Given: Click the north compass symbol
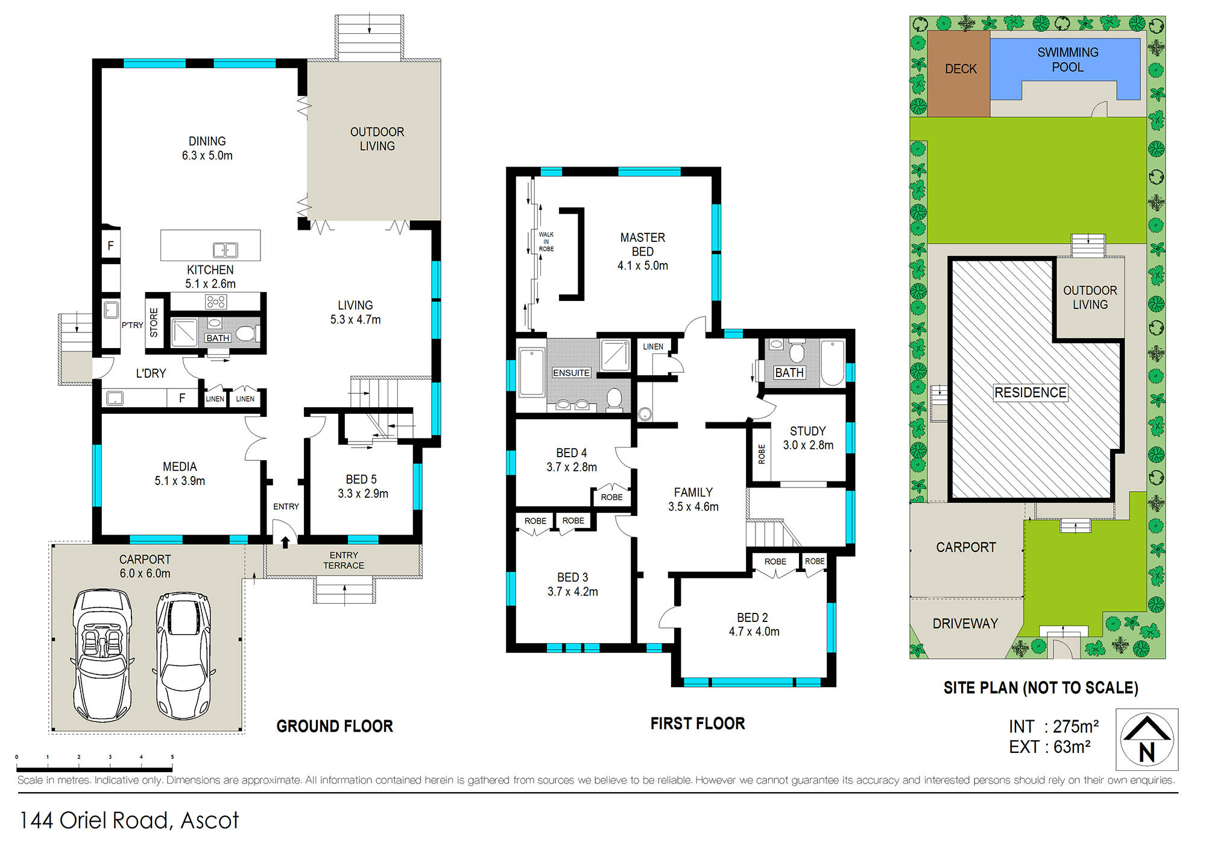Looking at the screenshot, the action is coord(1147,740).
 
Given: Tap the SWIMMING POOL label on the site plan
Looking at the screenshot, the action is coord(1068,60).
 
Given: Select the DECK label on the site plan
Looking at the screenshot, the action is coord(961,69).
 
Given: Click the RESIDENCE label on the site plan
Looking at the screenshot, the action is coord(1031,393).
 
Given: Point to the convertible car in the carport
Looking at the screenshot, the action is coord(103,655).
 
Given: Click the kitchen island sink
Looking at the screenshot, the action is coord(226,250).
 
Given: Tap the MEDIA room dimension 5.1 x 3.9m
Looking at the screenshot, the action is coord(180,481).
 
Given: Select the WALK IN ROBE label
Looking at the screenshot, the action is coord(546,241).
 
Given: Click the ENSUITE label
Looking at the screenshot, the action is coord(571,373).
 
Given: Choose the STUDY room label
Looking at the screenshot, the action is coord(808,431).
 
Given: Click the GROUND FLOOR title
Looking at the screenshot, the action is coord(335,726).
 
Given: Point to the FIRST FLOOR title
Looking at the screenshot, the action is coord(698,724).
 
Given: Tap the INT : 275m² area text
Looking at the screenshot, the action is coord(1054,726).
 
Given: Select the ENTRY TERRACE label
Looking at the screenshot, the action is coord(344,560).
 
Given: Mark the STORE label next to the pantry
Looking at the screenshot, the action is coord(154,323).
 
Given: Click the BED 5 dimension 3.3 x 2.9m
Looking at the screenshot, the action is coord(363,494).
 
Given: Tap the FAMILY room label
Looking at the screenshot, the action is coord(693,493).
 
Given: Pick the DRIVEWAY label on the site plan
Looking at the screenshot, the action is coord(965,624).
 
